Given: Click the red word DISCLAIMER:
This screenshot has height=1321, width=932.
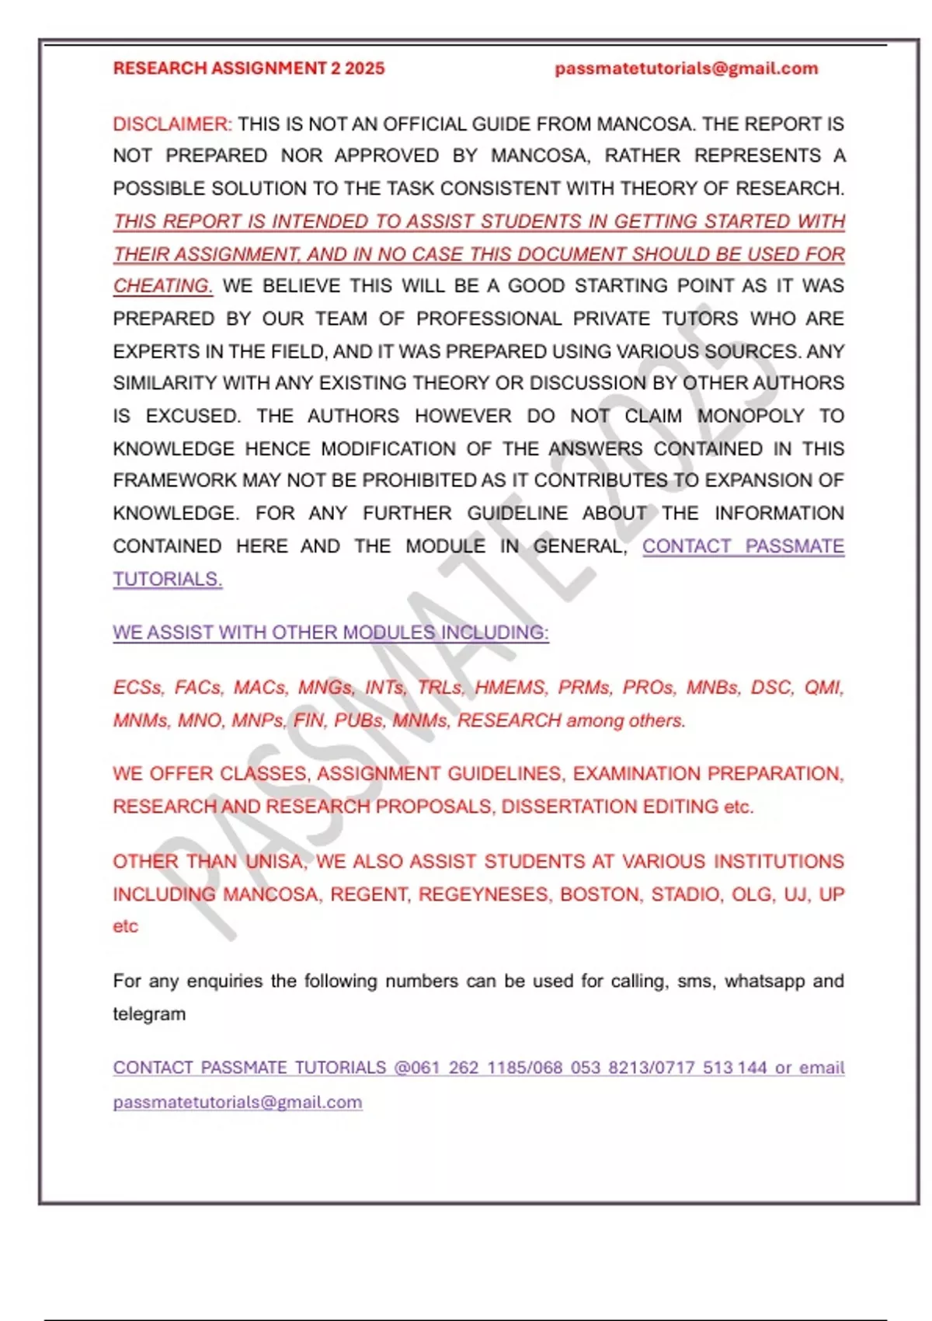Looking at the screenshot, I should point(172,124).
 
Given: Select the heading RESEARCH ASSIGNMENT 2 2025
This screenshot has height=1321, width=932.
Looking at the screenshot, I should point(249,68).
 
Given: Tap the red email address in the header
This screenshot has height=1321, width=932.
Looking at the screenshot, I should point(686,68).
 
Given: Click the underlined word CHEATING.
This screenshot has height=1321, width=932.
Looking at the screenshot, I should point(162,286).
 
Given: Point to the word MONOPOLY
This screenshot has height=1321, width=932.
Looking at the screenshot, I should point(750,416).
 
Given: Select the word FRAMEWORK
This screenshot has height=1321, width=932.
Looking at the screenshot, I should point(174,480).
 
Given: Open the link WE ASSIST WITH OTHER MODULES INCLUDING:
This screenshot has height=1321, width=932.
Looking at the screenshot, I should point(330,633).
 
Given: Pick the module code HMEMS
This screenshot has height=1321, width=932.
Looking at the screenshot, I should point(510,688).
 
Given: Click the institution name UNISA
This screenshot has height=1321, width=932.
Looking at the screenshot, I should point(276,862).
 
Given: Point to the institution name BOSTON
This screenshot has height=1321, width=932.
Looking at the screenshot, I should point(600,894).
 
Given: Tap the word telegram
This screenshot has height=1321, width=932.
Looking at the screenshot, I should point(149,1014).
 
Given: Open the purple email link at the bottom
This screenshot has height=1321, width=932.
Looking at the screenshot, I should point(237,1102).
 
